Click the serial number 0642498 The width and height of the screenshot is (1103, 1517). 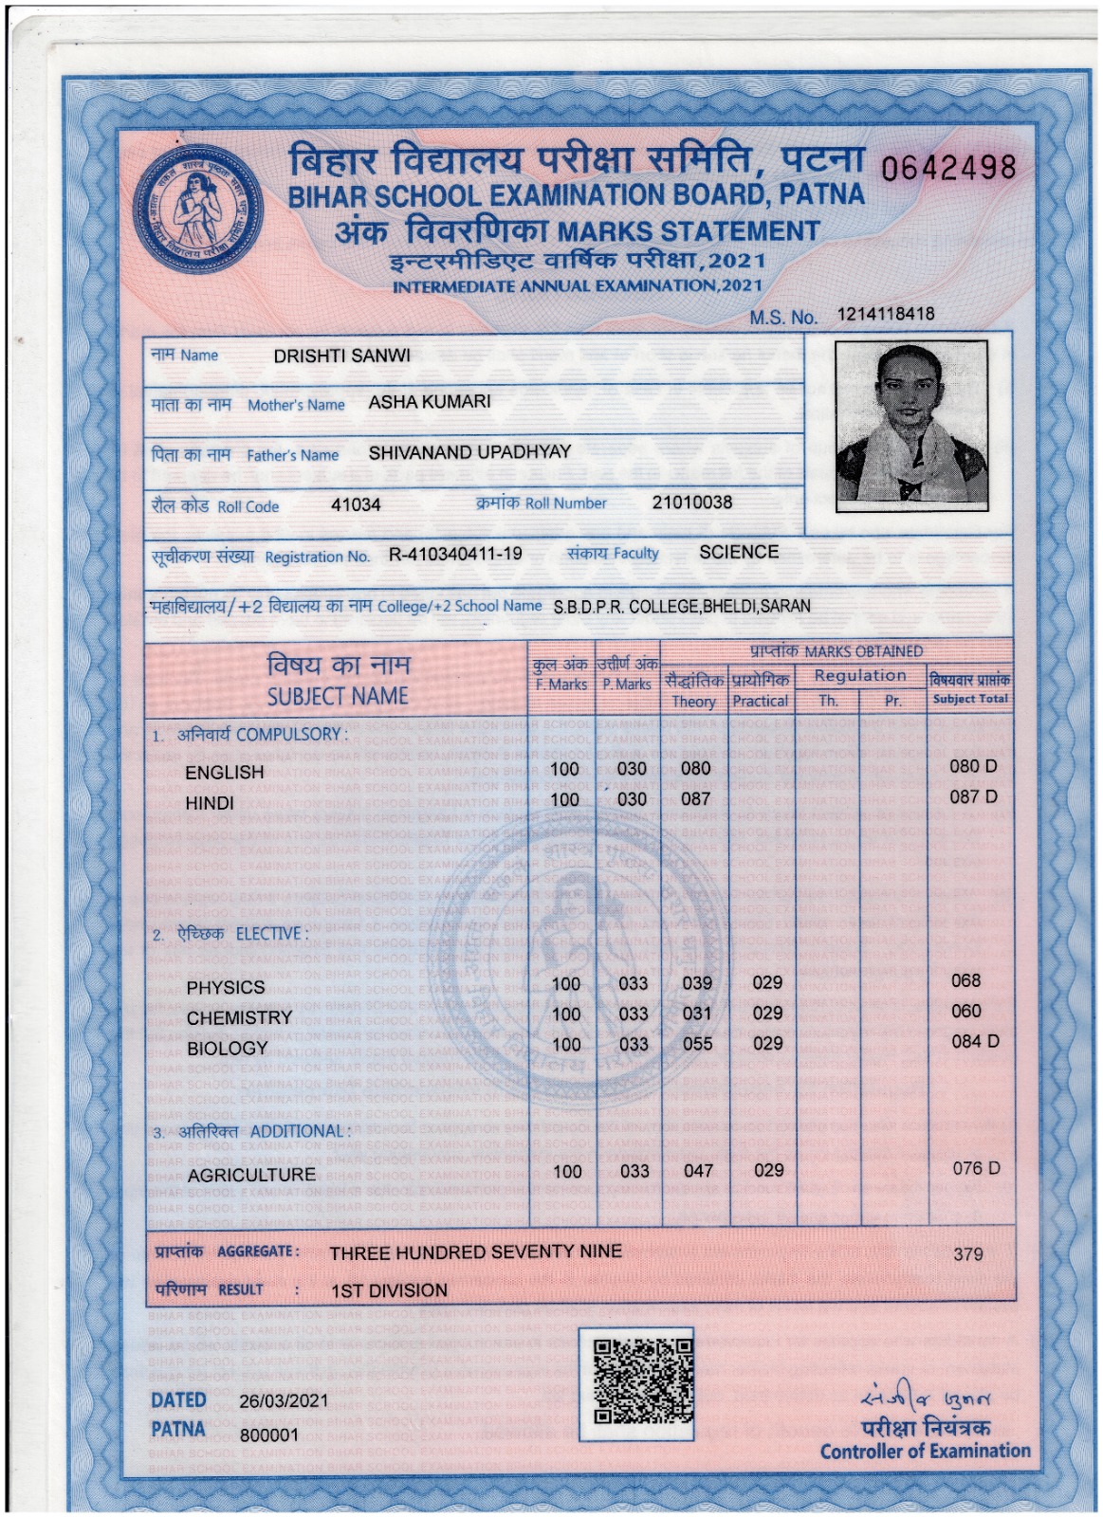pos(947,170)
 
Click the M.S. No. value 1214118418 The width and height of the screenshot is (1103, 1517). pos(885,314)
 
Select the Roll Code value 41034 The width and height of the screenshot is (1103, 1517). pos(356,505)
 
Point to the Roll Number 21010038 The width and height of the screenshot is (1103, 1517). pos(691,503)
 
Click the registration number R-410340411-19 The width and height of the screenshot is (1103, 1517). pos(455,554)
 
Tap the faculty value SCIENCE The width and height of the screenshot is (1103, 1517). pos(739,552)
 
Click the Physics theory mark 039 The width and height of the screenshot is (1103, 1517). pos(697,983)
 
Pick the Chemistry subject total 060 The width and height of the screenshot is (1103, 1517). pos(966,1012)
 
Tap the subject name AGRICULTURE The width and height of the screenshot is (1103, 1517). pos(251,1175)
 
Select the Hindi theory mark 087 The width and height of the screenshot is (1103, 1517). pos(695,799)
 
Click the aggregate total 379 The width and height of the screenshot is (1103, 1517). pos(967,1254)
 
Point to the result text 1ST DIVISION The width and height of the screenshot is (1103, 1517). pos(389,1290)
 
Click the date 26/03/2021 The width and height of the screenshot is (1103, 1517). pos(284,1400)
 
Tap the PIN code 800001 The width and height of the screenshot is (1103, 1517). pos(268,1435)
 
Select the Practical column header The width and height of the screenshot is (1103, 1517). pos(761,701)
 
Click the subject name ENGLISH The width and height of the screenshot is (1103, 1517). pos(225,773)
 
